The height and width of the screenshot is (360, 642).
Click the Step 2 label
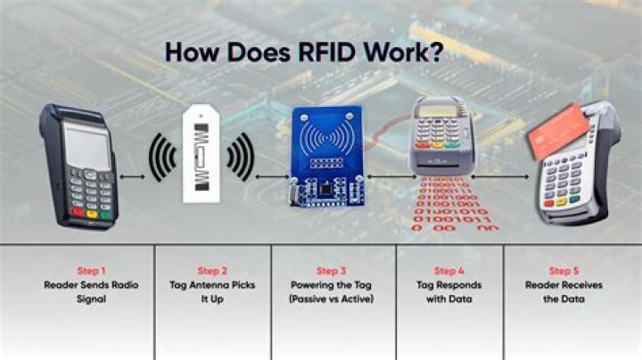pos(211,271)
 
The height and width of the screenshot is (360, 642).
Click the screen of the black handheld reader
pos(86,145)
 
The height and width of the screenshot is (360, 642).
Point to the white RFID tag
pos(202,157)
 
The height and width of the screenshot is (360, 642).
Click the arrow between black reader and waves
pos(132,177)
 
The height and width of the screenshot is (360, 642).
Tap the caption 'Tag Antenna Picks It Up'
pos(211,292)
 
